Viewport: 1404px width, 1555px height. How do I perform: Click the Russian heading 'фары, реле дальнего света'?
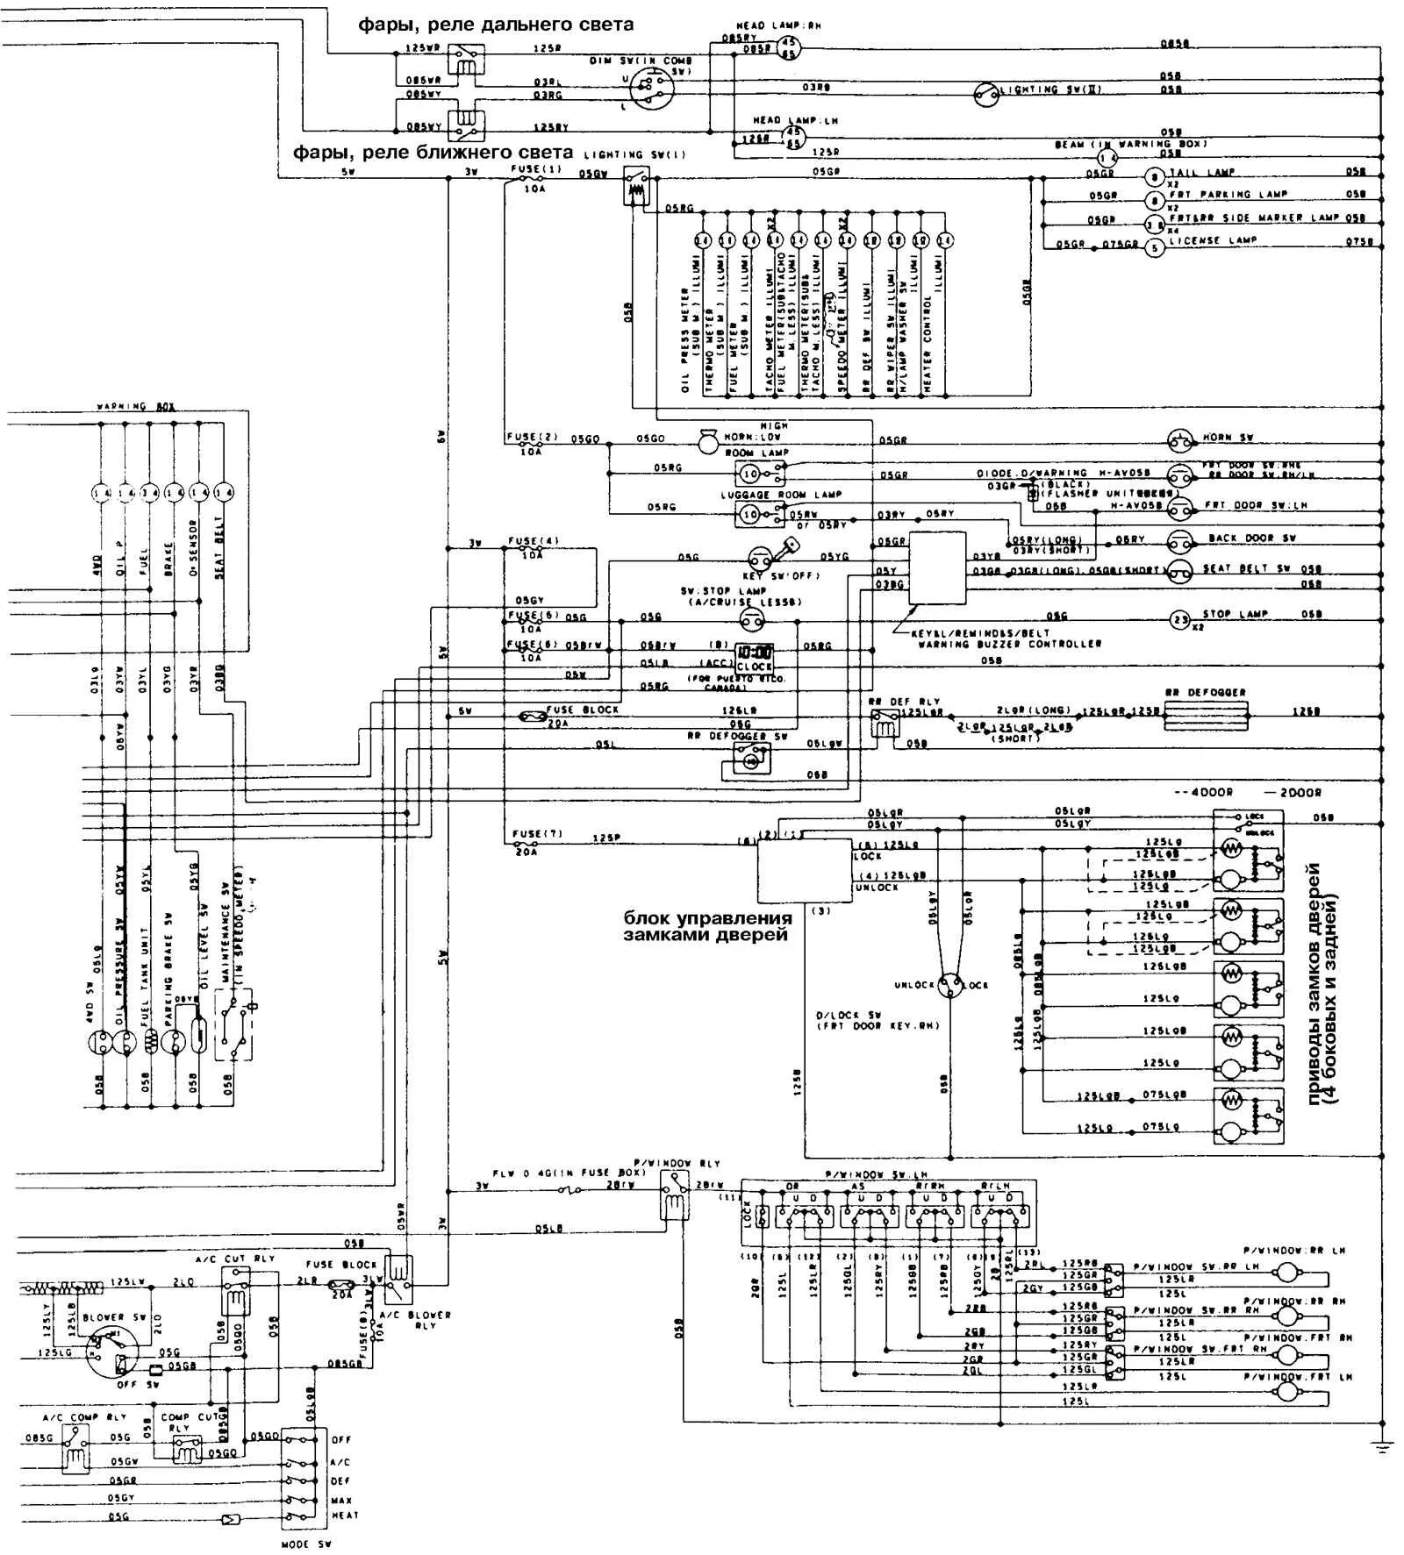pyautogui.click(x=495, y=25)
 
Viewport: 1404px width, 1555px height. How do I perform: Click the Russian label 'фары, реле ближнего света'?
pyautogui.click(x=433, y=153)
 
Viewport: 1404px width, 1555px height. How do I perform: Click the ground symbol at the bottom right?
pyautogui.click(x=1384, y=1446)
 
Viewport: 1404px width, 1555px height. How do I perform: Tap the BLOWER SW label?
pyautogui.click(x=104, y=1317)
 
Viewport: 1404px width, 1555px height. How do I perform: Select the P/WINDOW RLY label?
pyautogui.click(x=681, y=1163)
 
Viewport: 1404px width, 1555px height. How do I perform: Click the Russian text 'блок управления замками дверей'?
pyautogui.click(x=707, y=926)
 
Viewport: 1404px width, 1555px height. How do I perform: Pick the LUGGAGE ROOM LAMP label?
pyautogui.click(x=781, y=495)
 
